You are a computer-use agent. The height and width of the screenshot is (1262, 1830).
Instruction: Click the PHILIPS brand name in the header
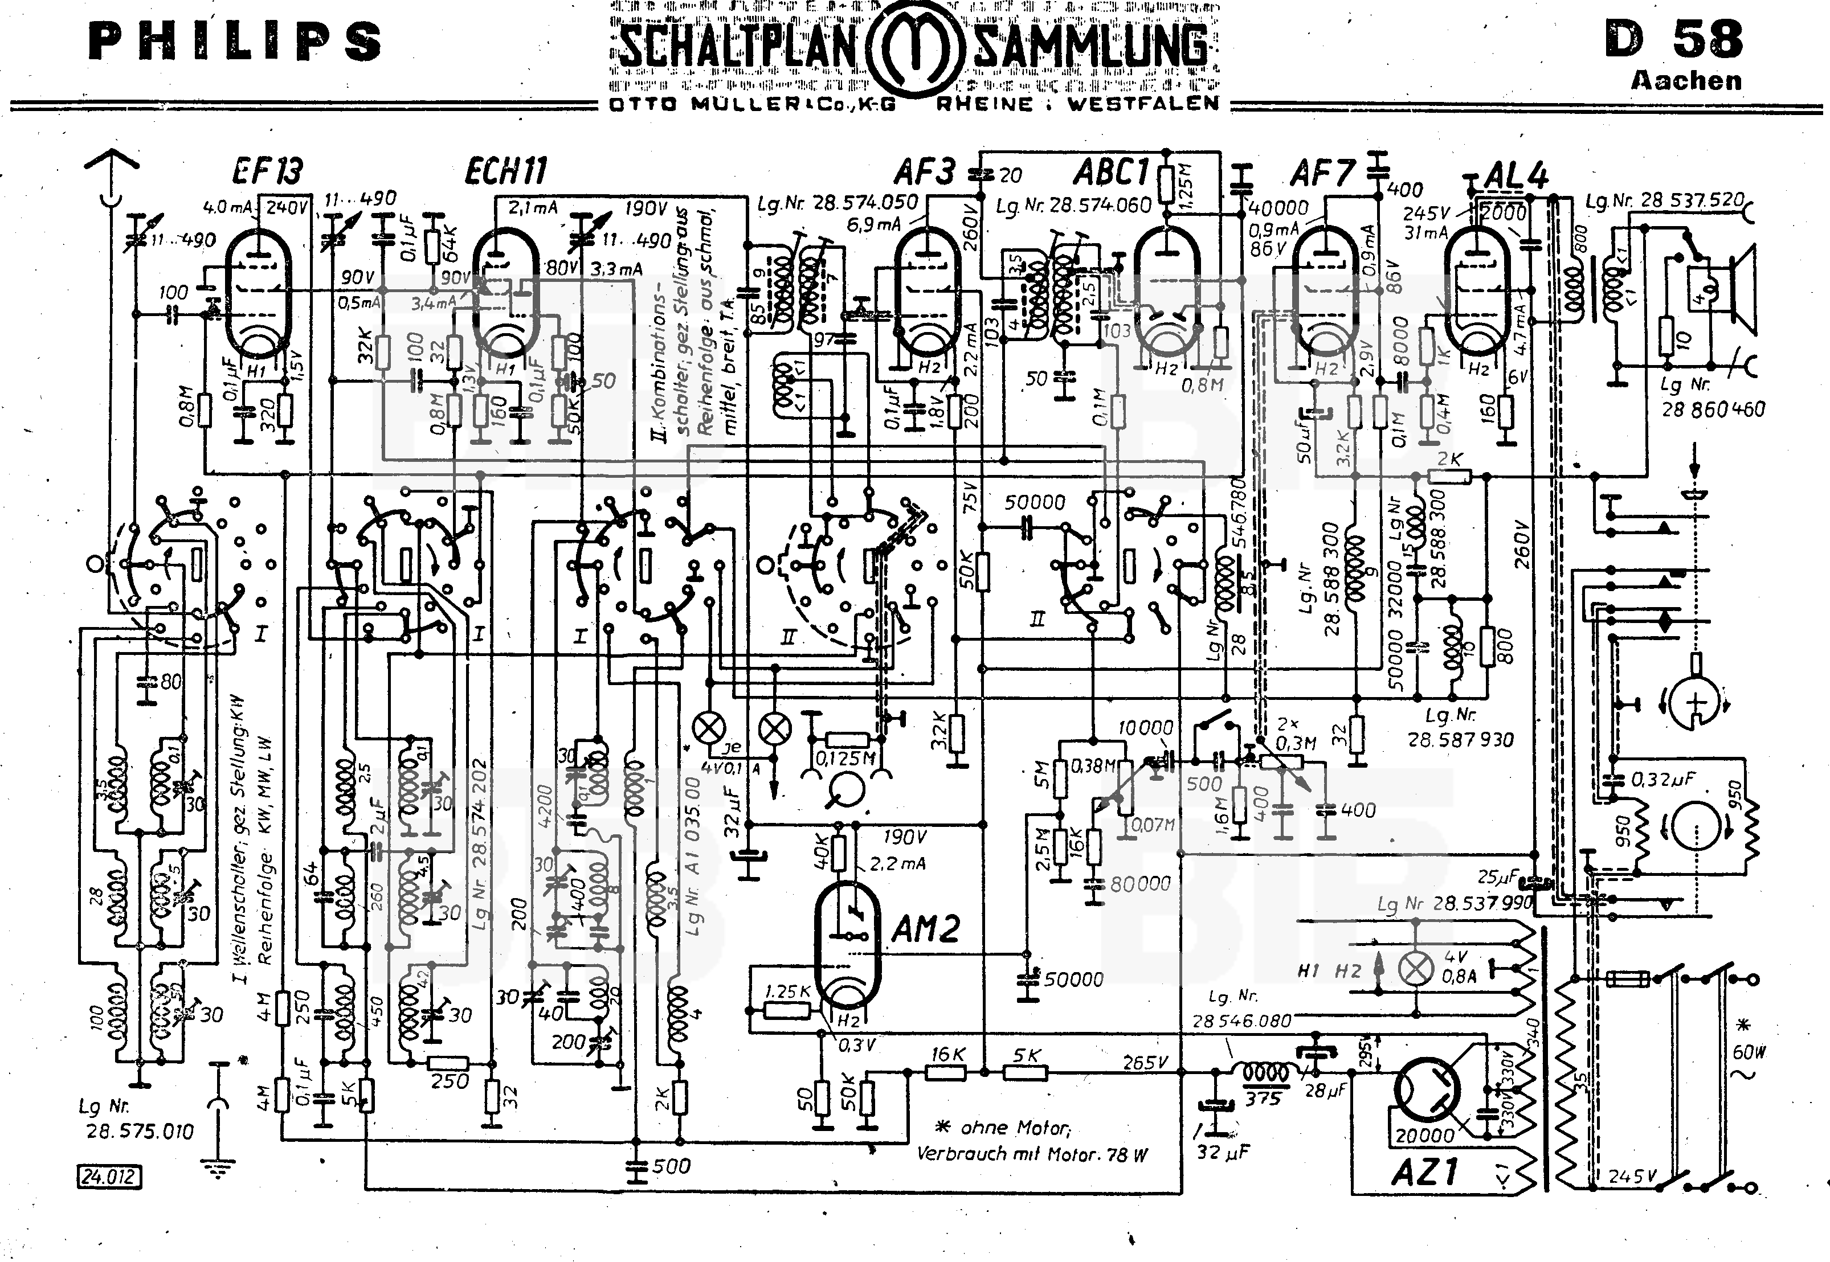234,42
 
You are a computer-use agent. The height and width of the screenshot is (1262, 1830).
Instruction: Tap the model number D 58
1673,39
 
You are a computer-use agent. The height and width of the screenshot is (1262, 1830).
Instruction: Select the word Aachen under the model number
1685,81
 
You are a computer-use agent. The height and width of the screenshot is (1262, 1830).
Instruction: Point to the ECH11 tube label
505,171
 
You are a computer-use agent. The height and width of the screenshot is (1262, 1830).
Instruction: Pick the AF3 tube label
925,171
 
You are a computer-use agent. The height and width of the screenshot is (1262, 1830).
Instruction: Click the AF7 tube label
1322,171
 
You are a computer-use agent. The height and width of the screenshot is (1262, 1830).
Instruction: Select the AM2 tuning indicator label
925,928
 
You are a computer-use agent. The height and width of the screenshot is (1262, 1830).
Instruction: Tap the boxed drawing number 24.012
109,1177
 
